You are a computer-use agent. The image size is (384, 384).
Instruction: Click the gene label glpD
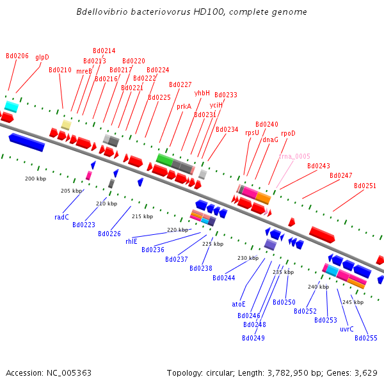tap(42, 57)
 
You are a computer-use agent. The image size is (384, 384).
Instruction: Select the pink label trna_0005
tap(294, 156)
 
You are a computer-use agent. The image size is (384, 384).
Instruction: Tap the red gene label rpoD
tap(288, 133)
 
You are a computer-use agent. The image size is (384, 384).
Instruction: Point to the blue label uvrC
tap(347, 329)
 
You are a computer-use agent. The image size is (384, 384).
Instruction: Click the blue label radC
tap(61, 217)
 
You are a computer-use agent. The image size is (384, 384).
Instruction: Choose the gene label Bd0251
tap(365, 186)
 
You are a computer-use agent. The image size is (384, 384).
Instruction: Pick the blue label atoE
tap(239, 304)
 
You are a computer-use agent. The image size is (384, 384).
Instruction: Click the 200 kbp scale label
tap(35, 179)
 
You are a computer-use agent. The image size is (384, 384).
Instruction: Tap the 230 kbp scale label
tap(248, 258)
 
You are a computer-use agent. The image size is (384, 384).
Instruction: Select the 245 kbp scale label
tap(353, 301)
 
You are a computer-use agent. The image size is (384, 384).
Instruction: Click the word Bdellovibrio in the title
tap(105, 12)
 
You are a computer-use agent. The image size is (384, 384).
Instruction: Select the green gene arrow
tap(164, 159)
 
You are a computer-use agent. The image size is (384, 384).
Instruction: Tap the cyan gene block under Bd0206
tap(11, 106)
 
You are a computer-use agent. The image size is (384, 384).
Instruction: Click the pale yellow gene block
tap(66, 124)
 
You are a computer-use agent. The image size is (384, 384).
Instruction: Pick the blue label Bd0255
tap(365, 338)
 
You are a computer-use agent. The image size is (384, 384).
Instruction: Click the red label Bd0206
tap(17, 56)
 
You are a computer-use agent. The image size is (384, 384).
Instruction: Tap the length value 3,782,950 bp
tap(272, 372)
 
